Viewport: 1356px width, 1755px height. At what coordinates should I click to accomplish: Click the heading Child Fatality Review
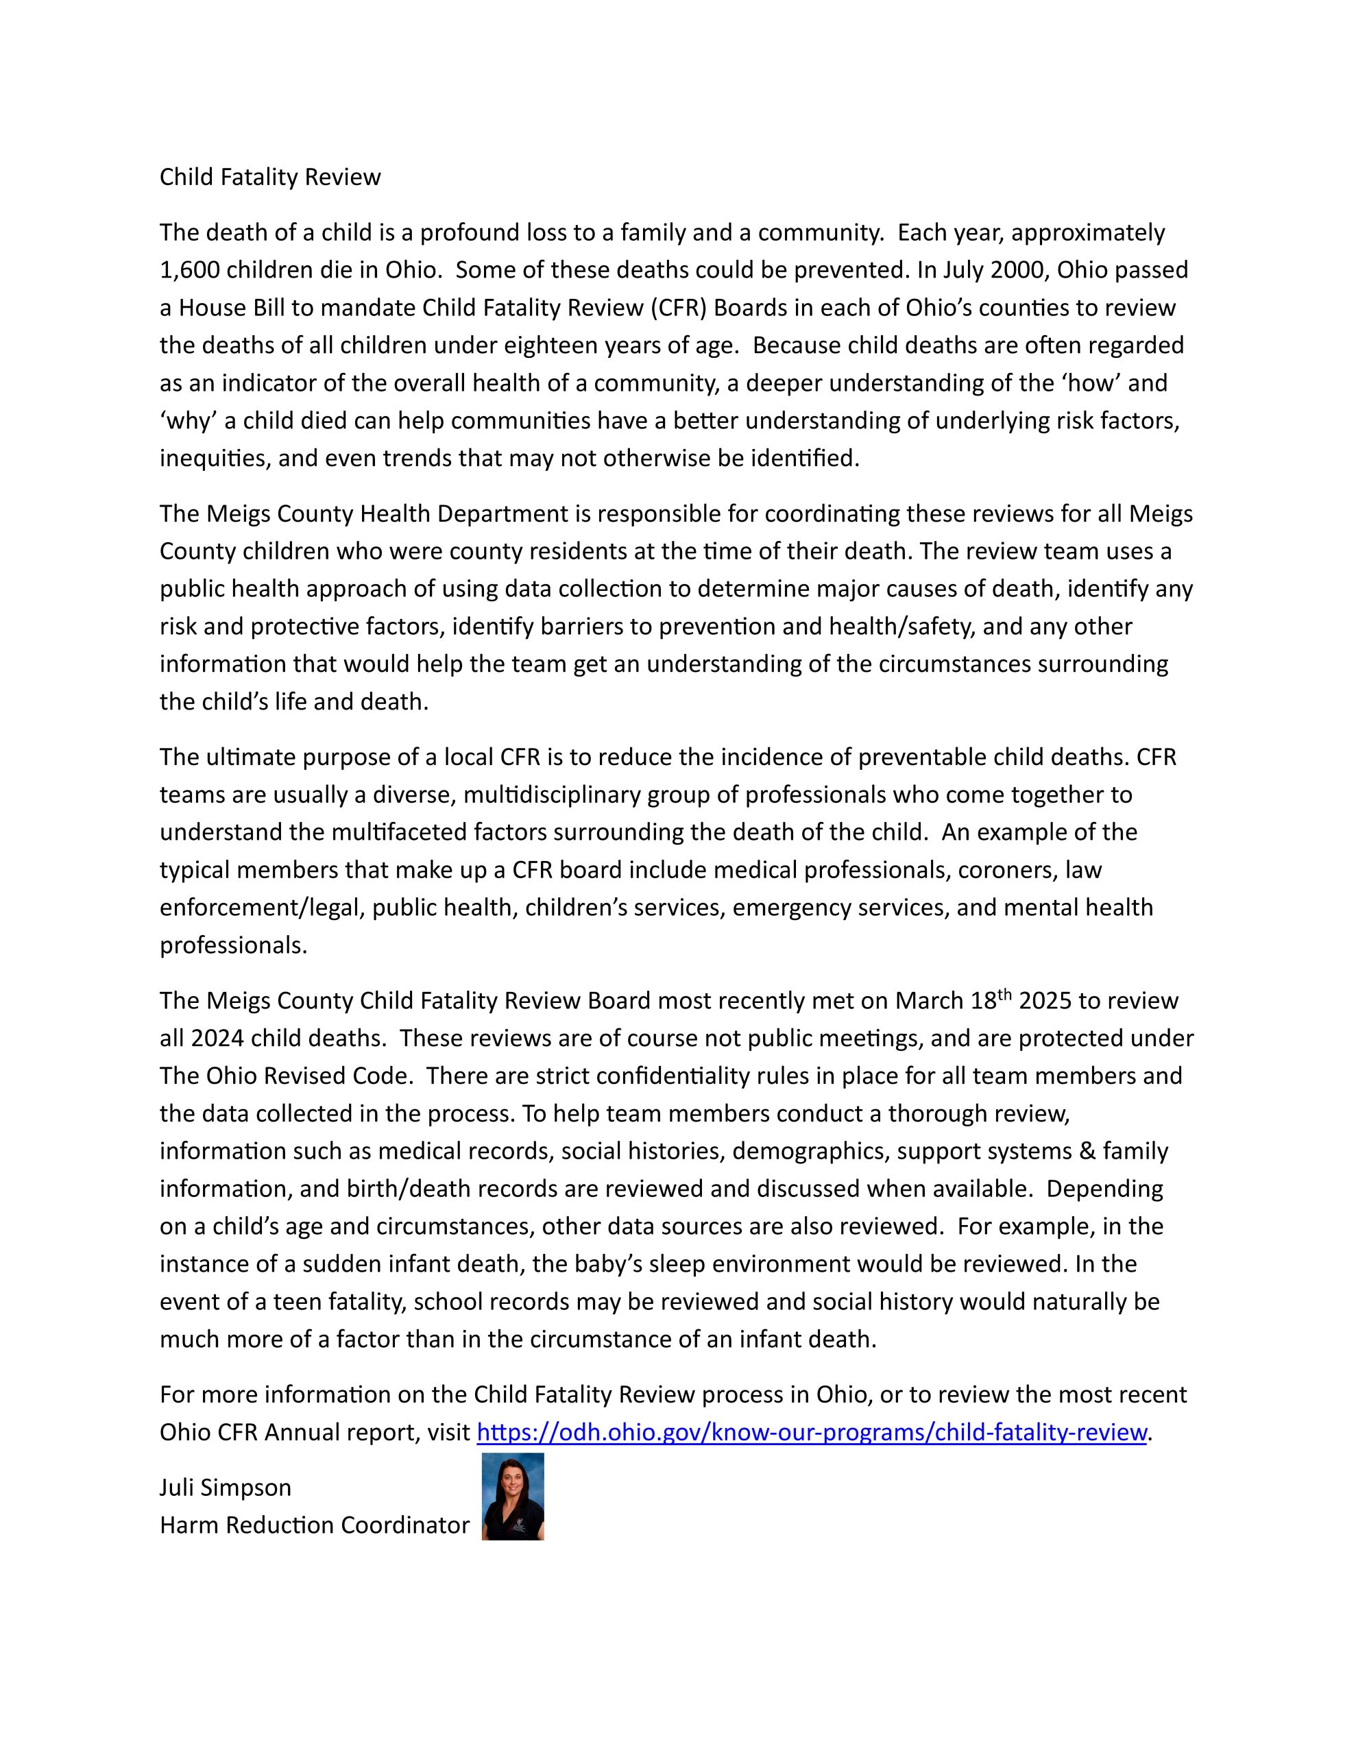click(270, 177)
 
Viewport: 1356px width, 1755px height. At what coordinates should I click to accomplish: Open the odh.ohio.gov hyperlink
click(811, 1432)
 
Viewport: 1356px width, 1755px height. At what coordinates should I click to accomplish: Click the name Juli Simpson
click(225, 1488)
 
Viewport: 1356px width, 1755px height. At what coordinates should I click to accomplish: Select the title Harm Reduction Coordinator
click(314, 1525)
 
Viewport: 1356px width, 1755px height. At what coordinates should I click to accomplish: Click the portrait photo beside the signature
click(513, 1497)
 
